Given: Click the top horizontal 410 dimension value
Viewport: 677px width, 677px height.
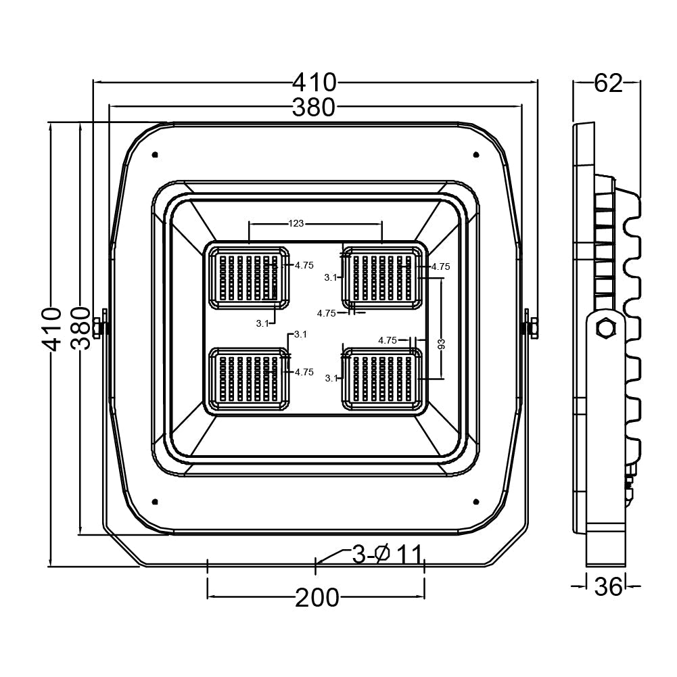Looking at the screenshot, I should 314,83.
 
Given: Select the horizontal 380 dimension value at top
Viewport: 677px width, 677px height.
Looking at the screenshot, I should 314,107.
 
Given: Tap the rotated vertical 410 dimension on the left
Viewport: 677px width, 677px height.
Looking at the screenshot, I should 51,328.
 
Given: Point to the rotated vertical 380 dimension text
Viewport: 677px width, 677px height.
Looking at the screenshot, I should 80,328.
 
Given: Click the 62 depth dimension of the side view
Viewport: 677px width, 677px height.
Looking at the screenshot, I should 607,83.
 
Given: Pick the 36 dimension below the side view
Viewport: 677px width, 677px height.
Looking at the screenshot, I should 607,586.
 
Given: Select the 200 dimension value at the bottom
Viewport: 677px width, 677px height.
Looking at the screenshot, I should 317,598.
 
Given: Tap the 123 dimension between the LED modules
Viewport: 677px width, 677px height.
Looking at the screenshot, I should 296,223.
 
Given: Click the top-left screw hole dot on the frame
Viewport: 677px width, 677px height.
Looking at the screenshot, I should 156,155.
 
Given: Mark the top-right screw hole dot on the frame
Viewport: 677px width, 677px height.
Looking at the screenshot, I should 476,155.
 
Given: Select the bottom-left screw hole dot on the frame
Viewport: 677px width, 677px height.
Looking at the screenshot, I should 156,501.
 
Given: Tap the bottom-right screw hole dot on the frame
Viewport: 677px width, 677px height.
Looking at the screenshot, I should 476,501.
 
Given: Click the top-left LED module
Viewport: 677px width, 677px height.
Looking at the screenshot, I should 248,278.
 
